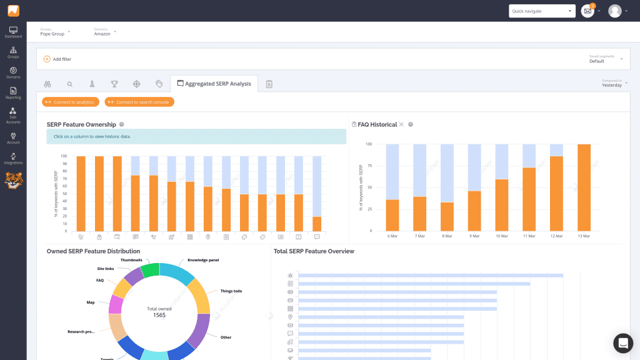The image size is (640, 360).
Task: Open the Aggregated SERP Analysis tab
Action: click(x=214, y=84)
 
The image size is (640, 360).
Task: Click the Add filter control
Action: click(x=57, y=59)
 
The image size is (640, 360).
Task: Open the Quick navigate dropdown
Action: click(x=541, y=11)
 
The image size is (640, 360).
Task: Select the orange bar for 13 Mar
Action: click(x=584, y=187)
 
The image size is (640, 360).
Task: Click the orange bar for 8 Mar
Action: click(x=447, y=216)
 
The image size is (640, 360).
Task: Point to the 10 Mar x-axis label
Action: click(x=502, y=237)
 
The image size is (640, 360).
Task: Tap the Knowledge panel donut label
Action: click(x=202, y=260)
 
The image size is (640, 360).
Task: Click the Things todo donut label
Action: click(x=231, y=291)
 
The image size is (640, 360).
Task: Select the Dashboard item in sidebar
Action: click(x=13, y=32)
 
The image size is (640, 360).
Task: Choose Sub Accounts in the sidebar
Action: click(x=13, y=116)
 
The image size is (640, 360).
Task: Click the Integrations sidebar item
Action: click(x=13, y=159)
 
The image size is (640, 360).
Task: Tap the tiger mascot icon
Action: click(x=13, y=181)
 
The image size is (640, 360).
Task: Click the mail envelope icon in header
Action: click(x=587, y=11)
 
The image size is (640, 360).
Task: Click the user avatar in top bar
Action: click(x=615, y=11)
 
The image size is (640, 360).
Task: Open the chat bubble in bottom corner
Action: click(x=622, y=343)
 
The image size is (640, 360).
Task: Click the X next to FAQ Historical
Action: click(x=402, y=124)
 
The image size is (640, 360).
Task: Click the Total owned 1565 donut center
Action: click(x=159, y=312)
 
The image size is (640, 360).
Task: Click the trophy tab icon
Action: click(x=114, y=84)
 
